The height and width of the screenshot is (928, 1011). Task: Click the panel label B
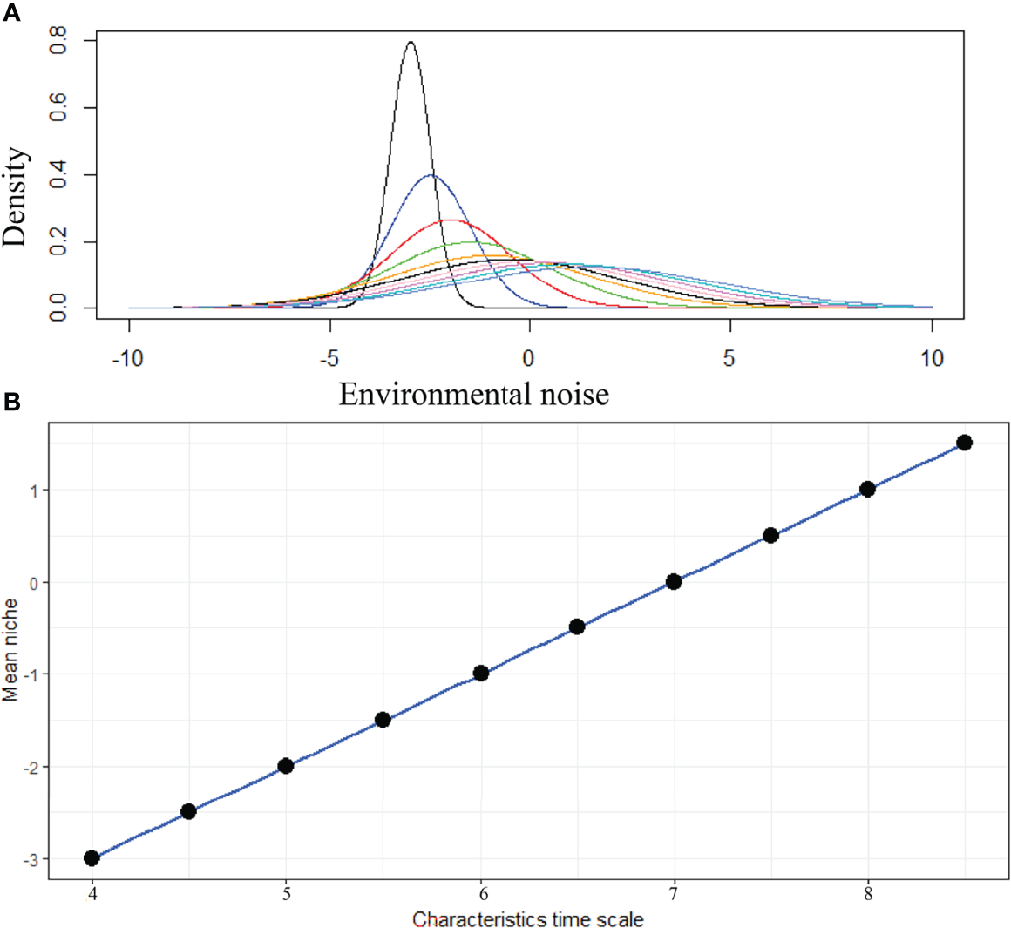point(12,402)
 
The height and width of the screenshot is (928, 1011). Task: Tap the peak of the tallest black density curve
point(411,42)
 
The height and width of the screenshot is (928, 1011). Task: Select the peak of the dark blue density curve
point(431,175)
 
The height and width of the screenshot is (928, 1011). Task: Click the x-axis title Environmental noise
point(473,394)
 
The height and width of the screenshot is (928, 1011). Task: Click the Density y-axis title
point(15,198)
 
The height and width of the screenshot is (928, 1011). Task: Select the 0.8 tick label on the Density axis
point(58,41)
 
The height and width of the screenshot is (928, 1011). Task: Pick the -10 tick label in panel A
point(129,358)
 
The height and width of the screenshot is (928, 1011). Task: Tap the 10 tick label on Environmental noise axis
point(932,358)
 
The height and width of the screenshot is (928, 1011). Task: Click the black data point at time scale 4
point(92,858)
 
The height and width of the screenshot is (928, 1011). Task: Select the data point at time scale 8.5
point(964,443)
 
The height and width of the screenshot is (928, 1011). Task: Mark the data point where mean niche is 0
point(673,581)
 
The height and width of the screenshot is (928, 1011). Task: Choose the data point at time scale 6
point(480,673)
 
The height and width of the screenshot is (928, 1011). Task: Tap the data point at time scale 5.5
point(383,720)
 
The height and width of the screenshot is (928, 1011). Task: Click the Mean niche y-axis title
point(11,650)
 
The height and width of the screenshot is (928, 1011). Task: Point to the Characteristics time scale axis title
point(528,919)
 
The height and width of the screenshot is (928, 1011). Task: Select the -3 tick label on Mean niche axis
point(32,859)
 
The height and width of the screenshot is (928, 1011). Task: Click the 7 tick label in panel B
point(673,895)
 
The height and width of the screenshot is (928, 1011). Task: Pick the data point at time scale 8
point(867,489)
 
